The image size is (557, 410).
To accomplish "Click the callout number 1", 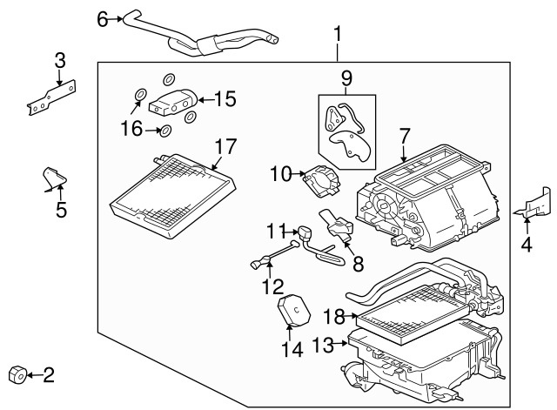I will (x=338, y=35).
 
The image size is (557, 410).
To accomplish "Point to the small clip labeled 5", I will (x=53, y=178).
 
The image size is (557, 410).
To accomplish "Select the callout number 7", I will (x=403, y=137).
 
